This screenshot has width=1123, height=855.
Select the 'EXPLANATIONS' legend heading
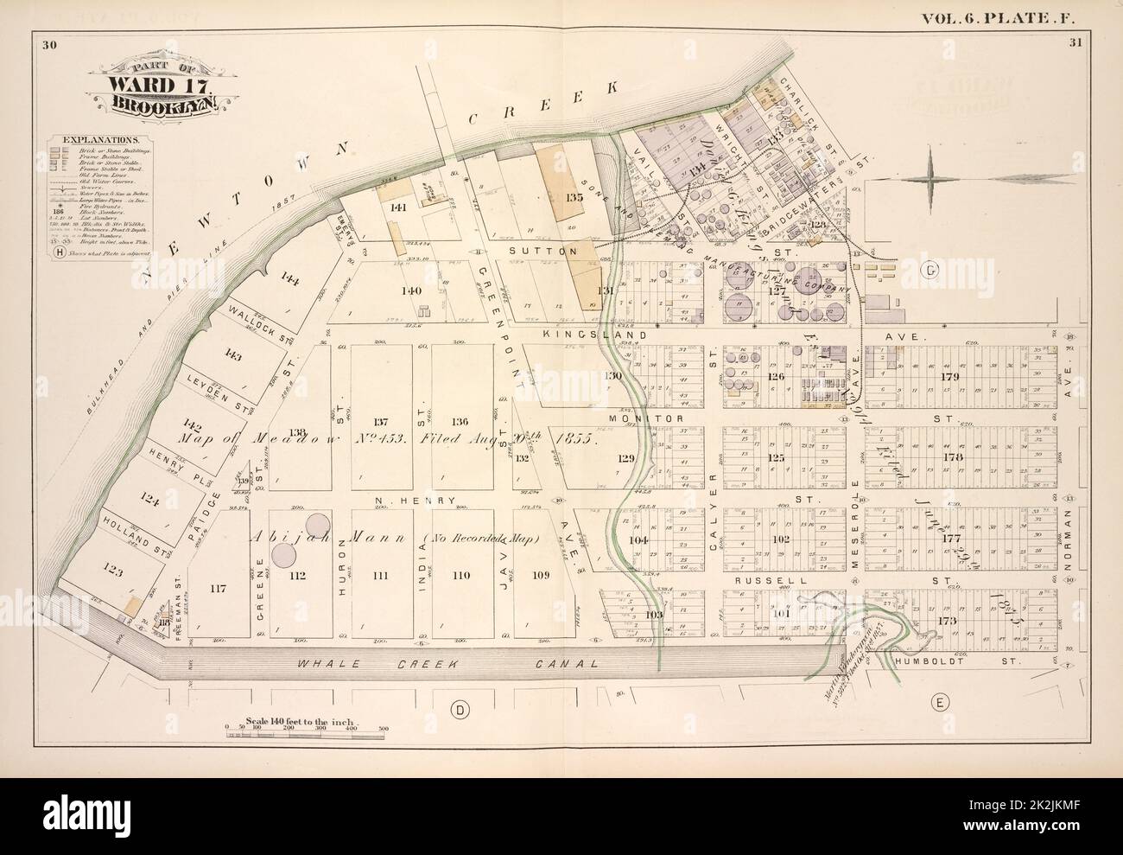(x=98, y=138)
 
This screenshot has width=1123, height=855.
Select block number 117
(x=216, y=590)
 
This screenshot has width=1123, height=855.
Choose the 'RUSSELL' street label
(x=759, y=581)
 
